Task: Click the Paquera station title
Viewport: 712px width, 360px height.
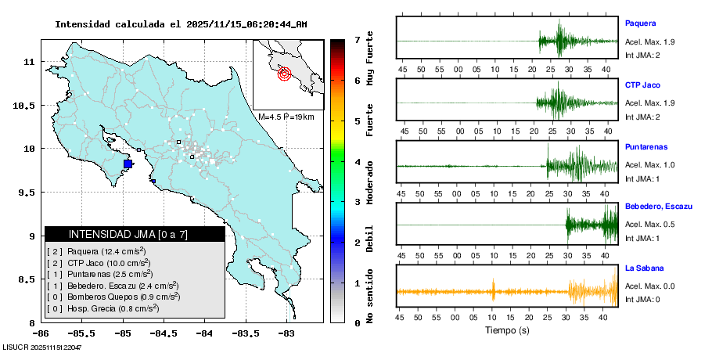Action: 640,23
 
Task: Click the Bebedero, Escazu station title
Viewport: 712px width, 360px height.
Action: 659,206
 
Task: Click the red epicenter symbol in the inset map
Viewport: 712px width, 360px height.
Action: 284,74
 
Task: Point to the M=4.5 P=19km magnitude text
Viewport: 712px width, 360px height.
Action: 286,117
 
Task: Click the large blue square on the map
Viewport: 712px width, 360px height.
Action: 128,164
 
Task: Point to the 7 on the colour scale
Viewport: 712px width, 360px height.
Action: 357,39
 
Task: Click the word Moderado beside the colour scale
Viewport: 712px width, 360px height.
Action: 369,182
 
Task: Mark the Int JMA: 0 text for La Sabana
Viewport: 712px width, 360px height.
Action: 643,300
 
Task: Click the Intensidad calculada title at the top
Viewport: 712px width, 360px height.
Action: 181,24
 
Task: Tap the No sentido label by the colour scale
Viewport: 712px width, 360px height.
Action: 369,298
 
